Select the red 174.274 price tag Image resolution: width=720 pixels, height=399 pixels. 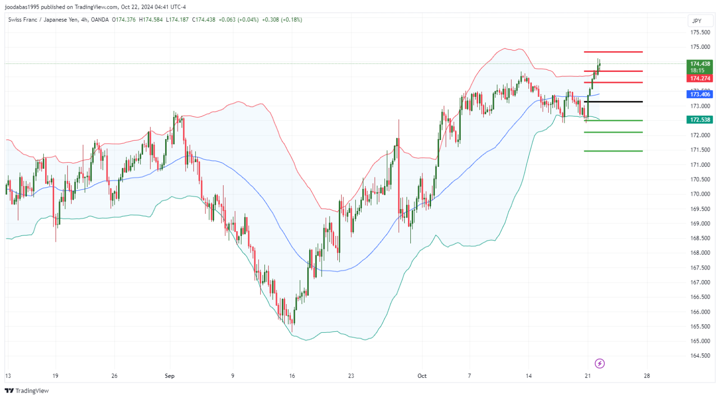700,78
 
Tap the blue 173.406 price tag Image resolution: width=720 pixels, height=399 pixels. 700,94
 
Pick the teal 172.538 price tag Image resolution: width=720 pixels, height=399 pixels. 700,119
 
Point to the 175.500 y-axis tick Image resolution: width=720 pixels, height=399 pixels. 700,33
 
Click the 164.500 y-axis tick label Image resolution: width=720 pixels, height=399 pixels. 700,356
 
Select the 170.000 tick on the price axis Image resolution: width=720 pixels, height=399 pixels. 700,194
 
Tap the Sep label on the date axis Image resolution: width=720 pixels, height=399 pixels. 169,376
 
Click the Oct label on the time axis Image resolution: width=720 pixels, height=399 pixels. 422,376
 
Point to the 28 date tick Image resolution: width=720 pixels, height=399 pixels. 647,376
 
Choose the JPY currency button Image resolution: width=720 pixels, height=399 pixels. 696,21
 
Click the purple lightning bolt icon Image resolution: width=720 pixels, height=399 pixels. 600,364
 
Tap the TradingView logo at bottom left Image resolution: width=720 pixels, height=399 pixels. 27,391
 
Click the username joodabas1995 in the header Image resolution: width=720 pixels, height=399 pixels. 22,7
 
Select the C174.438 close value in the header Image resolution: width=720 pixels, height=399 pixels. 204,20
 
